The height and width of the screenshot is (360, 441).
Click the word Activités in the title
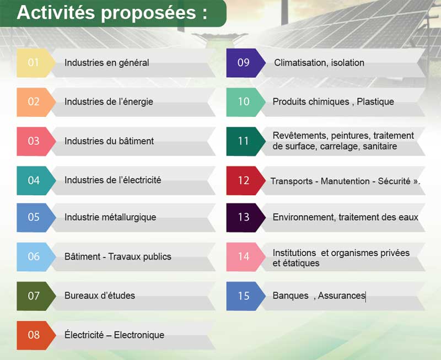click(x=56, y=12)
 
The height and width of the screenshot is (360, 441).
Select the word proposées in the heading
click(x=148, y=13)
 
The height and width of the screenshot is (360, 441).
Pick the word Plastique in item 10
click(x=375, y=101)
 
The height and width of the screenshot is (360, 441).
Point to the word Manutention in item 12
click(x=345, y=181)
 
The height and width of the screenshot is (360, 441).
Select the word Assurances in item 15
click(x=342, y=295)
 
